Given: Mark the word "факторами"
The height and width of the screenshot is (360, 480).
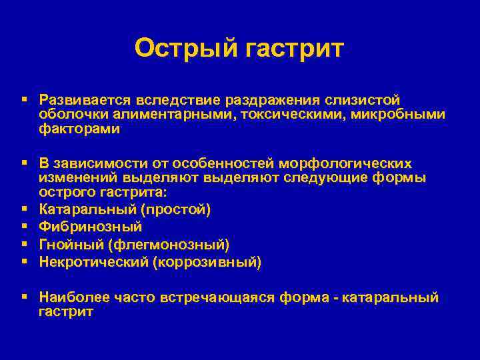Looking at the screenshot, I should point(79,129).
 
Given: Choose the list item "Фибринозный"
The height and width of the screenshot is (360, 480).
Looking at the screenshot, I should point(91,227).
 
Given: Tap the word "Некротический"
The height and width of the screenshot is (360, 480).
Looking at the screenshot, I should point(94,262).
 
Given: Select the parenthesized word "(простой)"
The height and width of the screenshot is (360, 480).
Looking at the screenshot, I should point(181,210).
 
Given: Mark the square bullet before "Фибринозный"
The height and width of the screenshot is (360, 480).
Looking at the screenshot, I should point(24,227).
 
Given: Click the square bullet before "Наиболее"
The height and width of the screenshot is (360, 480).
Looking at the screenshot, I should point(24,297).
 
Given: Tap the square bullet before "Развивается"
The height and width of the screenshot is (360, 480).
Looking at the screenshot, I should point(24,99).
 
